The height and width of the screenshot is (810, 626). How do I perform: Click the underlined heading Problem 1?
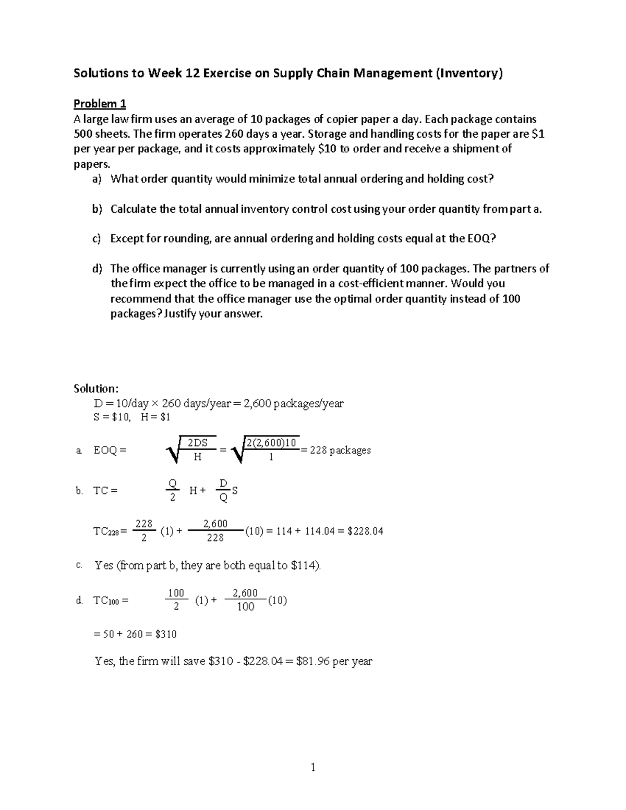pos(100,103)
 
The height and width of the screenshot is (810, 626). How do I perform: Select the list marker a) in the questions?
pos(97,179)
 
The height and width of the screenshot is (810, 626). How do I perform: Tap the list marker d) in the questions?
pos(97,269)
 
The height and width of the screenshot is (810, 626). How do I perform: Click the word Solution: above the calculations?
pos(96,389)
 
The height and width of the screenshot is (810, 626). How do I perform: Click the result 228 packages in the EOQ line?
pos(340,450)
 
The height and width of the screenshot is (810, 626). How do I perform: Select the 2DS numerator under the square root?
pos(198,443)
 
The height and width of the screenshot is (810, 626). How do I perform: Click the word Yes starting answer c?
pos(104,565)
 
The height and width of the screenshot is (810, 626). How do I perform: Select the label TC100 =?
pos(111,601)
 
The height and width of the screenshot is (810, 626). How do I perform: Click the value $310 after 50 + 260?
pos(166,634)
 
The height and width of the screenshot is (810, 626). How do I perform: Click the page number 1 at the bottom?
pos(313,767)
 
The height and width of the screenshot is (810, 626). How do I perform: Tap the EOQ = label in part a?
pos(110,450)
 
